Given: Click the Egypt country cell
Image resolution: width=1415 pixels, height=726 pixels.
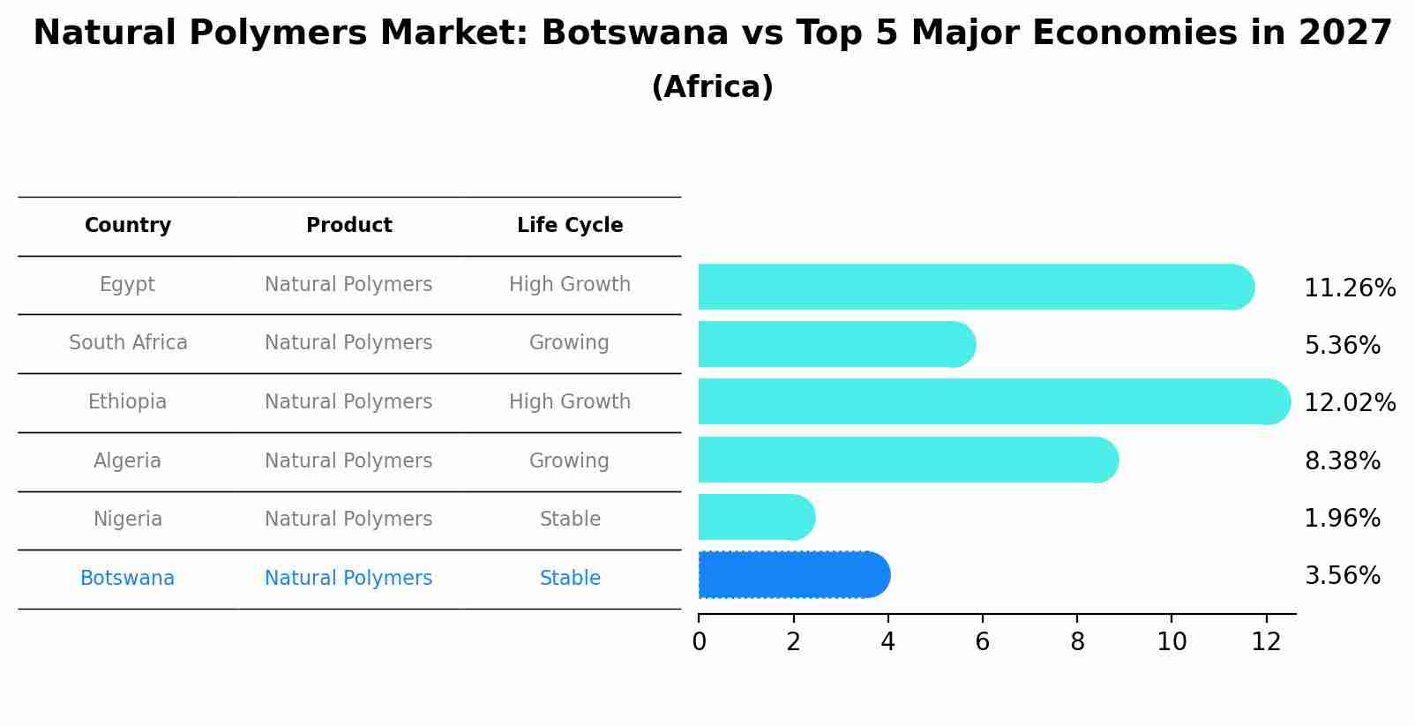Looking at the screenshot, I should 127,285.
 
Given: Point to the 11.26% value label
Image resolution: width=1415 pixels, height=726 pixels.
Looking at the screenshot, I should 1349,288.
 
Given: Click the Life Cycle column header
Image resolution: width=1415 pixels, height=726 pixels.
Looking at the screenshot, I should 570,226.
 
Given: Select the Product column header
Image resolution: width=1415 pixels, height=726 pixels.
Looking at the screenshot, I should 348,226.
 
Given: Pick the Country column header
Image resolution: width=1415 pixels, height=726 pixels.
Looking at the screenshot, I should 127,226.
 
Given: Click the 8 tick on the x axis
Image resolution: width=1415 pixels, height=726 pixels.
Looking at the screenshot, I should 1077,642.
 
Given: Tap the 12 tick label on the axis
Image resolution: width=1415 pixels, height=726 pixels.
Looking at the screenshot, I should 1266,642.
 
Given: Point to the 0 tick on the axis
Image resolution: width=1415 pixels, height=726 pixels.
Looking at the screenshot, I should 699,642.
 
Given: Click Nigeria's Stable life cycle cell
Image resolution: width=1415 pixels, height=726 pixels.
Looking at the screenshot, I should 570,520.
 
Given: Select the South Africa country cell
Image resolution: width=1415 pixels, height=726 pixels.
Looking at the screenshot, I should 128,343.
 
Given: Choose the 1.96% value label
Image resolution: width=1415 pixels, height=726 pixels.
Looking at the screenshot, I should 1342,519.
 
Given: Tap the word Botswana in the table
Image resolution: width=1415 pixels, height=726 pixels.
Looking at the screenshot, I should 127,579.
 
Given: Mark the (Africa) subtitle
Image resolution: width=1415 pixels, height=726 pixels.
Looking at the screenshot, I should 712,87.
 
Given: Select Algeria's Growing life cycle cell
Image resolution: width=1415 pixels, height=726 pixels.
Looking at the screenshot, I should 569,461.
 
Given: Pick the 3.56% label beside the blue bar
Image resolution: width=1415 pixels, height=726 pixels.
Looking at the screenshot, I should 1342,576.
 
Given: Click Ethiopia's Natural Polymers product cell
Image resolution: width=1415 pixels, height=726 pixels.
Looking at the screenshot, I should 348,402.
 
